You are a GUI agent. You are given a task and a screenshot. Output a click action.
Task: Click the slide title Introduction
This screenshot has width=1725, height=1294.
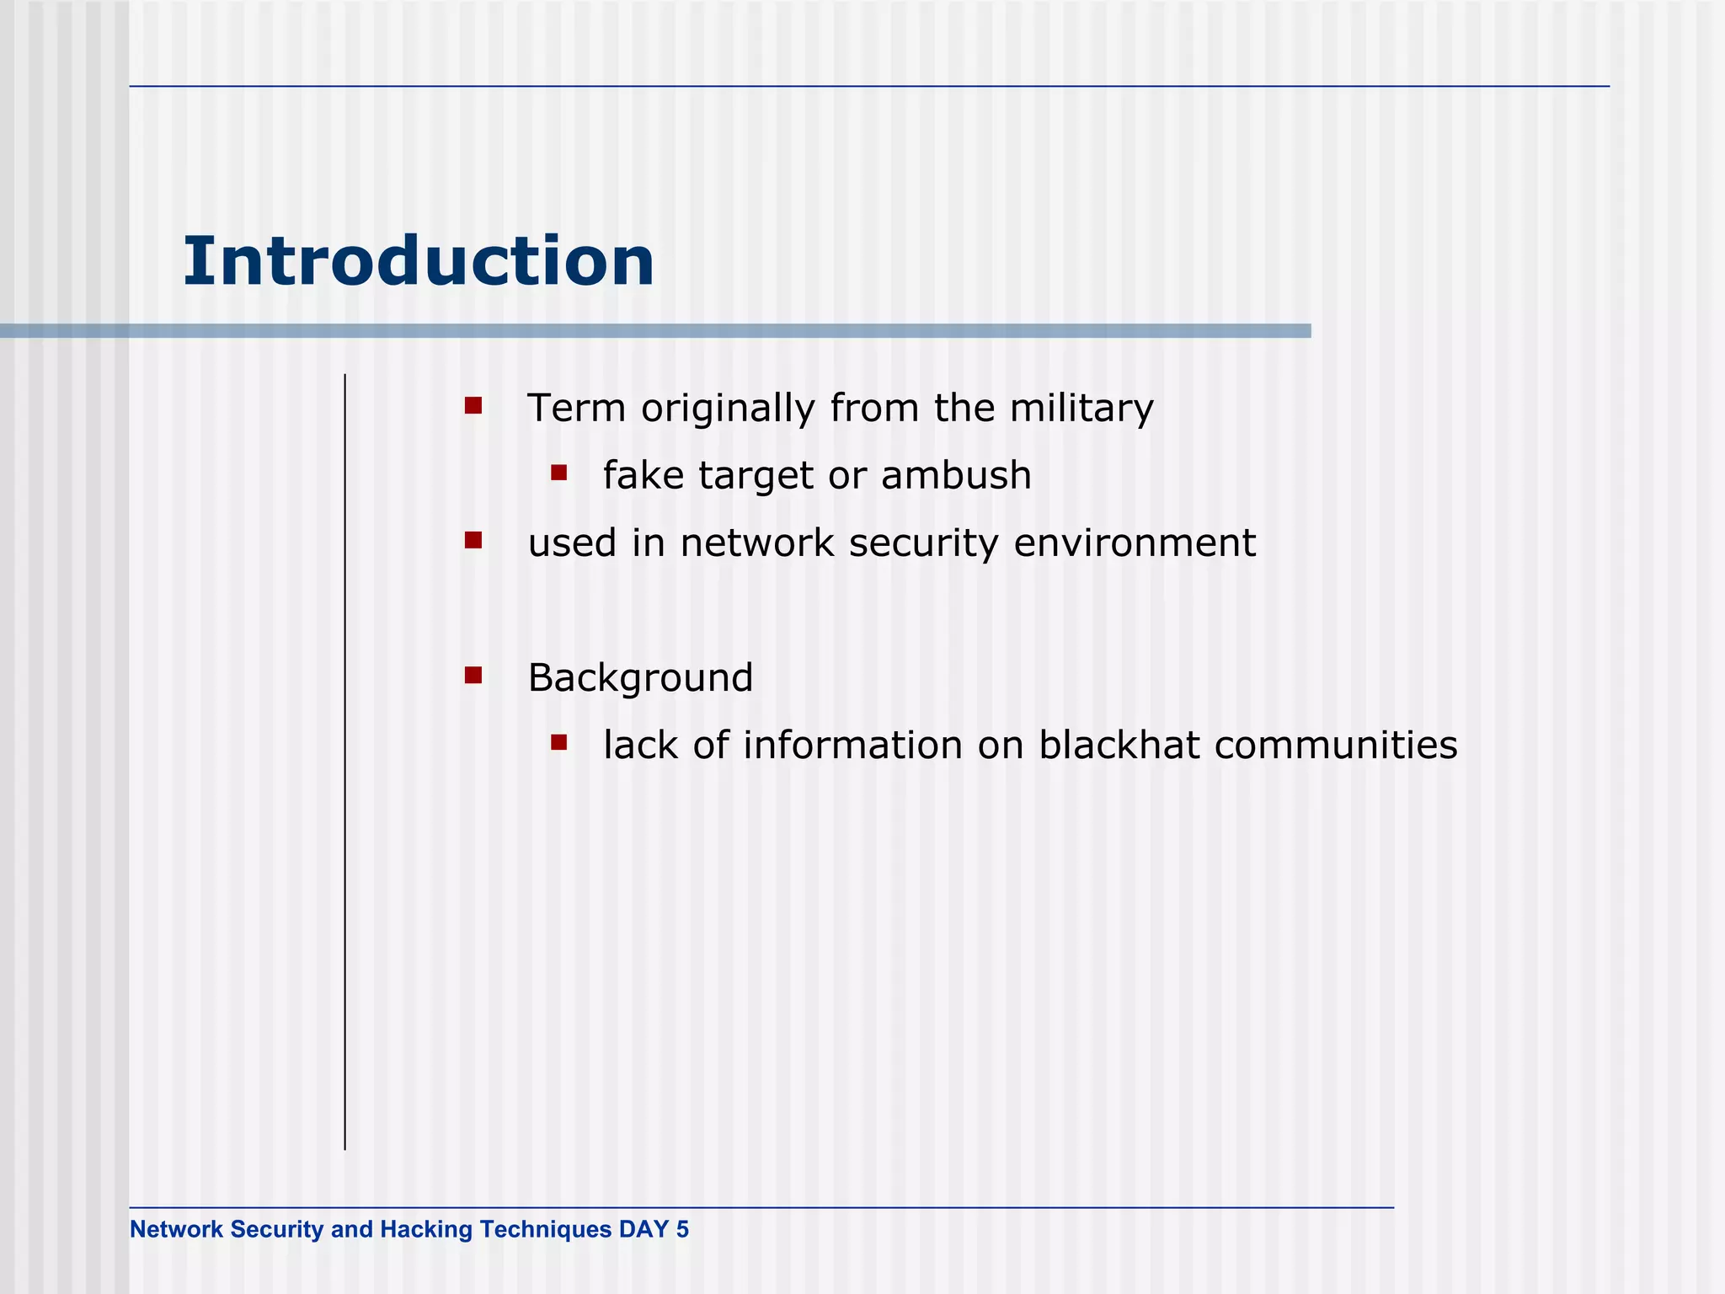419,261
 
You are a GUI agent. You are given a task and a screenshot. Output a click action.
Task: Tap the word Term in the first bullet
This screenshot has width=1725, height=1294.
576,409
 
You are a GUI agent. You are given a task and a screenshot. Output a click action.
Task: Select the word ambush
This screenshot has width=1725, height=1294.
956,476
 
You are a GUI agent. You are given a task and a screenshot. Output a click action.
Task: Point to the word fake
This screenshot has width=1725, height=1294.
644,476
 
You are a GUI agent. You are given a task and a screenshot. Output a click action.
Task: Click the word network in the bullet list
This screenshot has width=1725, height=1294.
756,543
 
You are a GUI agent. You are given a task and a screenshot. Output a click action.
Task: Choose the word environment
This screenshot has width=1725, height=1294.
1135,543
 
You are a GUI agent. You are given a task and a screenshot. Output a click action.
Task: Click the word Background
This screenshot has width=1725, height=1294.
640,679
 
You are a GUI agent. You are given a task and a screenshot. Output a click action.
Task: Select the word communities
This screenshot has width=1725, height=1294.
1336,746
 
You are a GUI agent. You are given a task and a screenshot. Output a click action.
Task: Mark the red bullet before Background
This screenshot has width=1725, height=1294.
473,675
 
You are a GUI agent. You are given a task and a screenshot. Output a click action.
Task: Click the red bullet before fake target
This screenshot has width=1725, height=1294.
558,473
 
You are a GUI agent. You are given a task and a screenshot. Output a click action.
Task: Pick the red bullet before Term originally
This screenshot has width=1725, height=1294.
473,406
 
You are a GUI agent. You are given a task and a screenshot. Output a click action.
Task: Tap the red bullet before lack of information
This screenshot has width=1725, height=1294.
558,742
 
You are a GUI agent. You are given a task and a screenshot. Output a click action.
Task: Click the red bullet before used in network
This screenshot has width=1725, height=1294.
473,540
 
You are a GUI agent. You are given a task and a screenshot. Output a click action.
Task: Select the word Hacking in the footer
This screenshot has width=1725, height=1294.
426,1230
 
